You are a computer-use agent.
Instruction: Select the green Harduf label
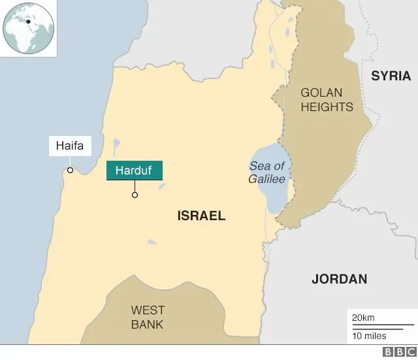click(x=135, y=171)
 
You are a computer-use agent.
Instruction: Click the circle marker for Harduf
click(x=135, y=195)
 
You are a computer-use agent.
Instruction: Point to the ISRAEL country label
click(x=201, y=216)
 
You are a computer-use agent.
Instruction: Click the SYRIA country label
click(x=391, y=76)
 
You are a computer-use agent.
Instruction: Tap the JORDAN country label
click(x=339, y=279)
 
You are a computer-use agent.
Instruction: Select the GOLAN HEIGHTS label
click(x=327, y=100)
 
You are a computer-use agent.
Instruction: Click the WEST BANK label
click(x=148, y=317)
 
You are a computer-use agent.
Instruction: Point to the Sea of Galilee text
click(x=266, y=173)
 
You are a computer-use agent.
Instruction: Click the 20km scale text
click(x=363, y=318)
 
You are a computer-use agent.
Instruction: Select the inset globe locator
click(x=28, y=28)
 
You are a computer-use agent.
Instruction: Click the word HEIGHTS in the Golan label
click(x=327, y=107)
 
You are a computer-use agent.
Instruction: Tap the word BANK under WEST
click(x=148, y=324)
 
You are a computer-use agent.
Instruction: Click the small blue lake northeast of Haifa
click(x=116, y=144)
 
